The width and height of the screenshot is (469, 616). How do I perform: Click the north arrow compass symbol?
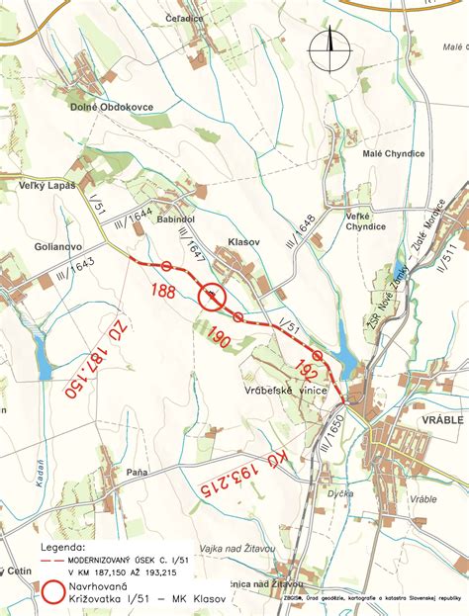[329, 50]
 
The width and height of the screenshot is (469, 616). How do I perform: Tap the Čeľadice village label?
[185, 17]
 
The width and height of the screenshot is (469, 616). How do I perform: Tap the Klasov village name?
[242, 240]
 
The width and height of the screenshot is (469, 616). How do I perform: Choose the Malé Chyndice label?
[393, 153]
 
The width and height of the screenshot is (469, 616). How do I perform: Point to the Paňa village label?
[137, 473]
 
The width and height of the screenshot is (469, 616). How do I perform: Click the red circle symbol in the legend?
[56, 591]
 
